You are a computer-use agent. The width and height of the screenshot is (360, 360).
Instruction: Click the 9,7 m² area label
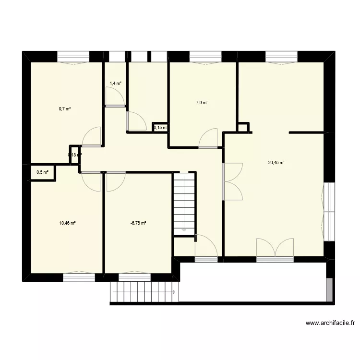pos(65,109)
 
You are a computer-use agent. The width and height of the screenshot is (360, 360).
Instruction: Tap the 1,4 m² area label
pos(115,84)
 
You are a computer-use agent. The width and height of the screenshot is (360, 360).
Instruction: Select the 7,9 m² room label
pos(202,102)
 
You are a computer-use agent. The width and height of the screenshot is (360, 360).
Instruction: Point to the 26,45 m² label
pos(276,163)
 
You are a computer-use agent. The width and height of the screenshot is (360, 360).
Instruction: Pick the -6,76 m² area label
pos(138,223)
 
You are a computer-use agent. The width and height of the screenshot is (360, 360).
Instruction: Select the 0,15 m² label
pos(160,128)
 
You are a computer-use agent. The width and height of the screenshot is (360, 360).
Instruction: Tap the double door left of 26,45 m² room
pos(233,181)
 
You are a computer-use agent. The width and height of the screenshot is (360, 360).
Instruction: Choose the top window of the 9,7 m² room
pos(73,57)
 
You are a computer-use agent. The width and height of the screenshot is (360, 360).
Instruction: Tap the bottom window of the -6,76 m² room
pos(135,277)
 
